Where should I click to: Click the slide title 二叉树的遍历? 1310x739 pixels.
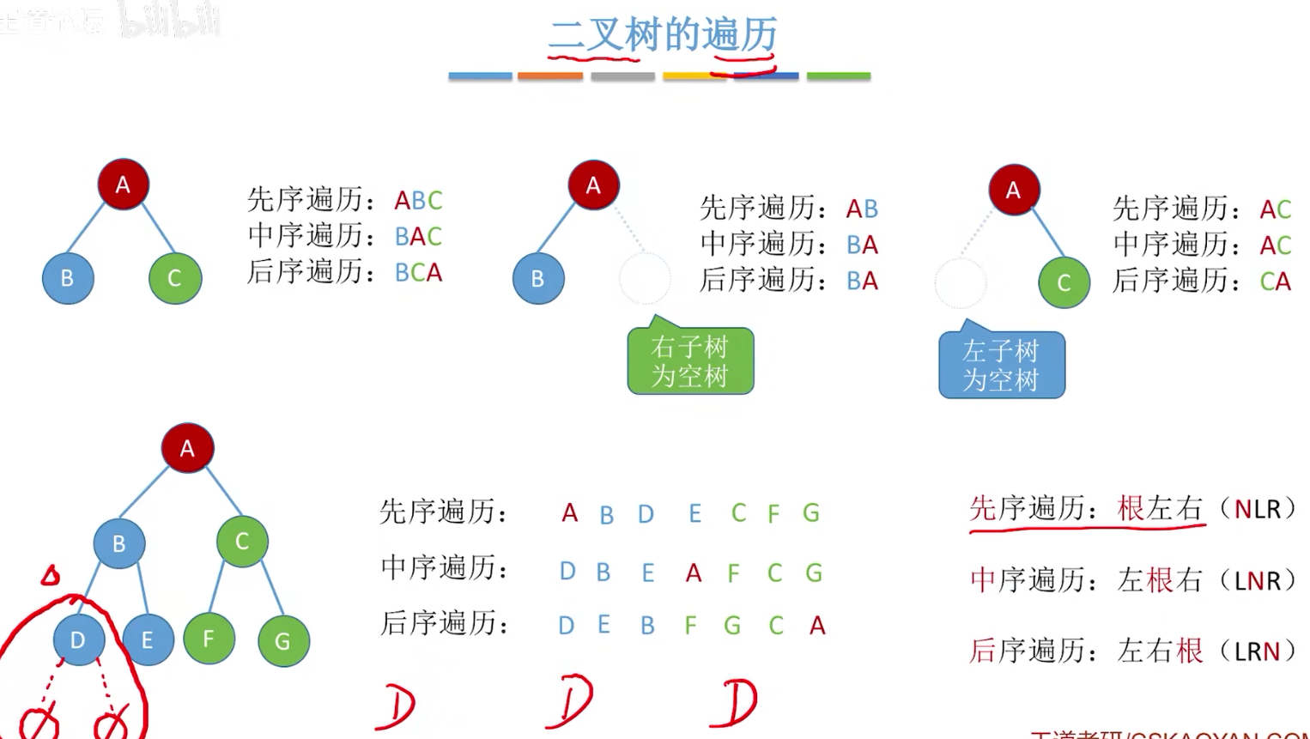point(663,35)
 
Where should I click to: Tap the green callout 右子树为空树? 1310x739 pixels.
point(690,361)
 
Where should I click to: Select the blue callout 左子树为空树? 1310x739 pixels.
point(1001,366)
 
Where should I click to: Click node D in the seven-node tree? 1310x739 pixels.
point(78,639)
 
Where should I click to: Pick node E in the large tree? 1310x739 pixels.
point(148,640)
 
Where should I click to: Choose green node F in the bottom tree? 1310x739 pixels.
point(209,639)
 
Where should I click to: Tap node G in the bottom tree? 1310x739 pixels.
point(283,641)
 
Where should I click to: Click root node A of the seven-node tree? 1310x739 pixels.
point(187,448)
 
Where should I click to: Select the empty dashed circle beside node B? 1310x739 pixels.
point(644,278)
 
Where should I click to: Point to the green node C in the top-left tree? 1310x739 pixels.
point(174,278)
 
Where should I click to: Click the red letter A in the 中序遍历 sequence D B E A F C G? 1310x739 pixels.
point(694,572)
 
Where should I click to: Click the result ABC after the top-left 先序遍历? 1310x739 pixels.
point(418,201)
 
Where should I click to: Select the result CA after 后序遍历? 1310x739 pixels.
point(1275,282)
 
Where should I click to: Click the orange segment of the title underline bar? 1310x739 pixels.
point(550,76)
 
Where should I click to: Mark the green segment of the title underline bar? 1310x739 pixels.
point(839,76)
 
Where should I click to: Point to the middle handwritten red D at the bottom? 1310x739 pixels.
point(570,701)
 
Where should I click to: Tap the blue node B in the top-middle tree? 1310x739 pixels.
point(538,279)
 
